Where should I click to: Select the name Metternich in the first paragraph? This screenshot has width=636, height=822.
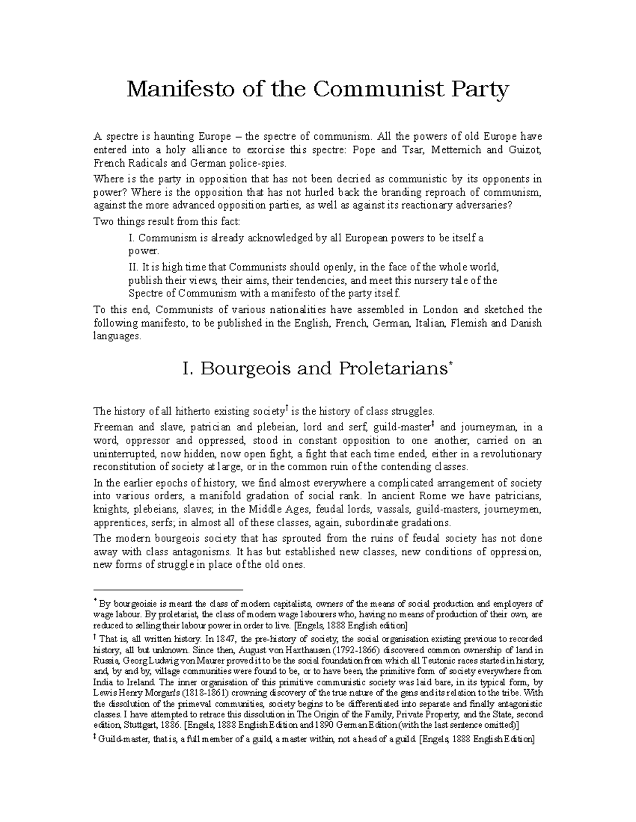(457, 150)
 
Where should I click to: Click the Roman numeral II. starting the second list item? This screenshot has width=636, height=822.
(134, 267)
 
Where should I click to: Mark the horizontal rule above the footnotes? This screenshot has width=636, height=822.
(167, 589)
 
